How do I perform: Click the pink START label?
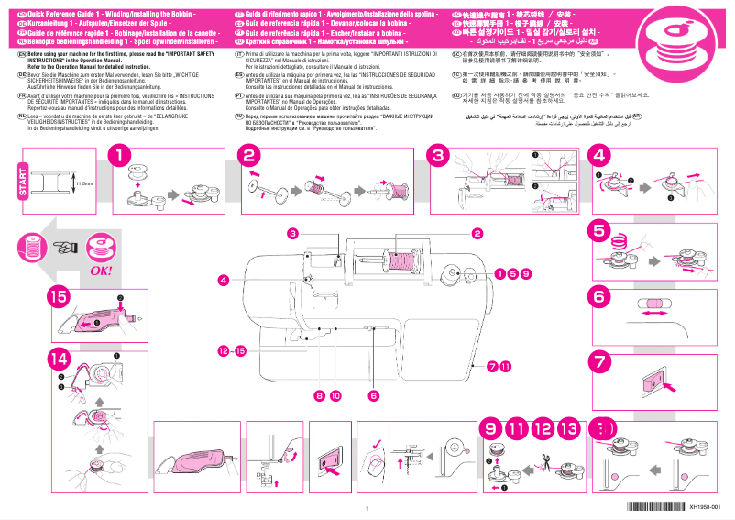click(x=22, y=192)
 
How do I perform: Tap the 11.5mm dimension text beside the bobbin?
click(x=83, y=183)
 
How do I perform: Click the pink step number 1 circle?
click(x=119, y=157)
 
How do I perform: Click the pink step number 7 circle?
click(x=598, y=360)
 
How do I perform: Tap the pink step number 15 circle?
click(x=58, y=295)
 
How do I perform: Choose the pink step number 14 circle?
click(x=58, y=359)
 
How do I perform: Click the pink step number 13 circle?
click(x=568, y=427)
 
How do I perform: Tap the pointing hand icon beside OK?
click(x=65, y=246)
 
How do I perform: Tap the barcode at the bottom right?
click(x=656, y=507)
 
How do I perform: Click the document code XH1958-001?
click(x=711, y=507)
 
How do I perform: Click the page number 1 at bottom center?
click(x=367, y=509)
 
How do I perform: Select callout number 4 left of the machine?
click(x=223, y=279)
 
